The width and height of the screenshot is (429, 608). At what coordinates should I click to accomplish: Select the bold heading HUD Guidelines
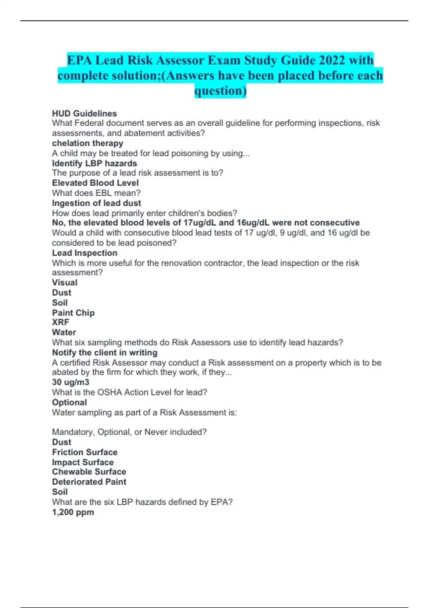coord(84,113)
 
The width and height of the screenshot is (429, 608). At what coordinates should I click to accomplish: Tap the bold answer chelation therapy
coord(88,143)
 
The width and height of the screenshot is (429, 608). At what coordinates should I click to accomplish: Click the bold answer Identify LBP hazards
coord(94,163)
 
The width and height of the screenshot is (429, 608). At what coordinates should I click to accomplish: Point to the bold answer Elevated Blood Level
coord(95,183)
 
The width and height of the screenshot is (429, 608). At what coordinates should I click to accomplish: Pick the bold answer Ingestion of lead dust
coord(97,203)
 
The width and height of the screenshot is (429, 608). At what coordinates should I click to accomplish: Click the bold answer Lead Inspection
coord(85,253)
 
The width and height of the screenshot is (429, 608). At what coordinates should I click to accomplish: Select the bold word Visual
coord(65,283)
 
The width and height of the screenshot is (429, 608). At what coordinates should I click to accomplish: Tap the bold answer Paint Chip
coord(73,313)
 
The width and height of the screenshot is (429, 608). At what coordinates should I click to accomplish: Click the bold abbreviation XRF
coord(61,322)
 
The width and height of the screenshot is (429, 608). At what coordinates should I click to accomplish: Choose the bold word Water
coord(64,332)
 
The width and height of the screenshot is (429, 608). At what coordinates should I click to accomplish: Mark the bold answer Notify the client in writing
coord(105,353)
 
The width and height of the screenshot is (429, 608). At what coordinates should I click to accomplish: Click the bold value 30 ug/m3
coord(71,382)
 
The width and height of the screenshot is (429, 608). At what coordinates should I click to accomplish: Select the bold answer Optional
coord(69,402)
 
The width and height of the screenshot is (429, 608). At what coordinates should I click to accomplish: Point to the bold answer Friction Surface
coord(85,452)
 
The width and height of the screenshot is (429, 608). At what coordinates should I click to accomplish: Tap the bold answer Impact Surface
coord(83,462)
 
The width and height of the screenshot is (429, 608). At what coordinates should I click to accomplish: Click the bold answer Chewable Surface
coord(89,472)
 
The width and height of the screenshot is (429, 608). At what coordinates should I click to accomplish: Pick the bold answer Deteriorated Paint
coord(89,482)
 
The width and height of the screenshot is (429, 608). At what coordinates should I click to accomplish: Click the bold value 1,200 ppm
coord(73,512)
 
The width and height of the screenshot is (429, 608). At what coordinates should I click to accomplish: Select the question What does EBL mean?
coord(96,193)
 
